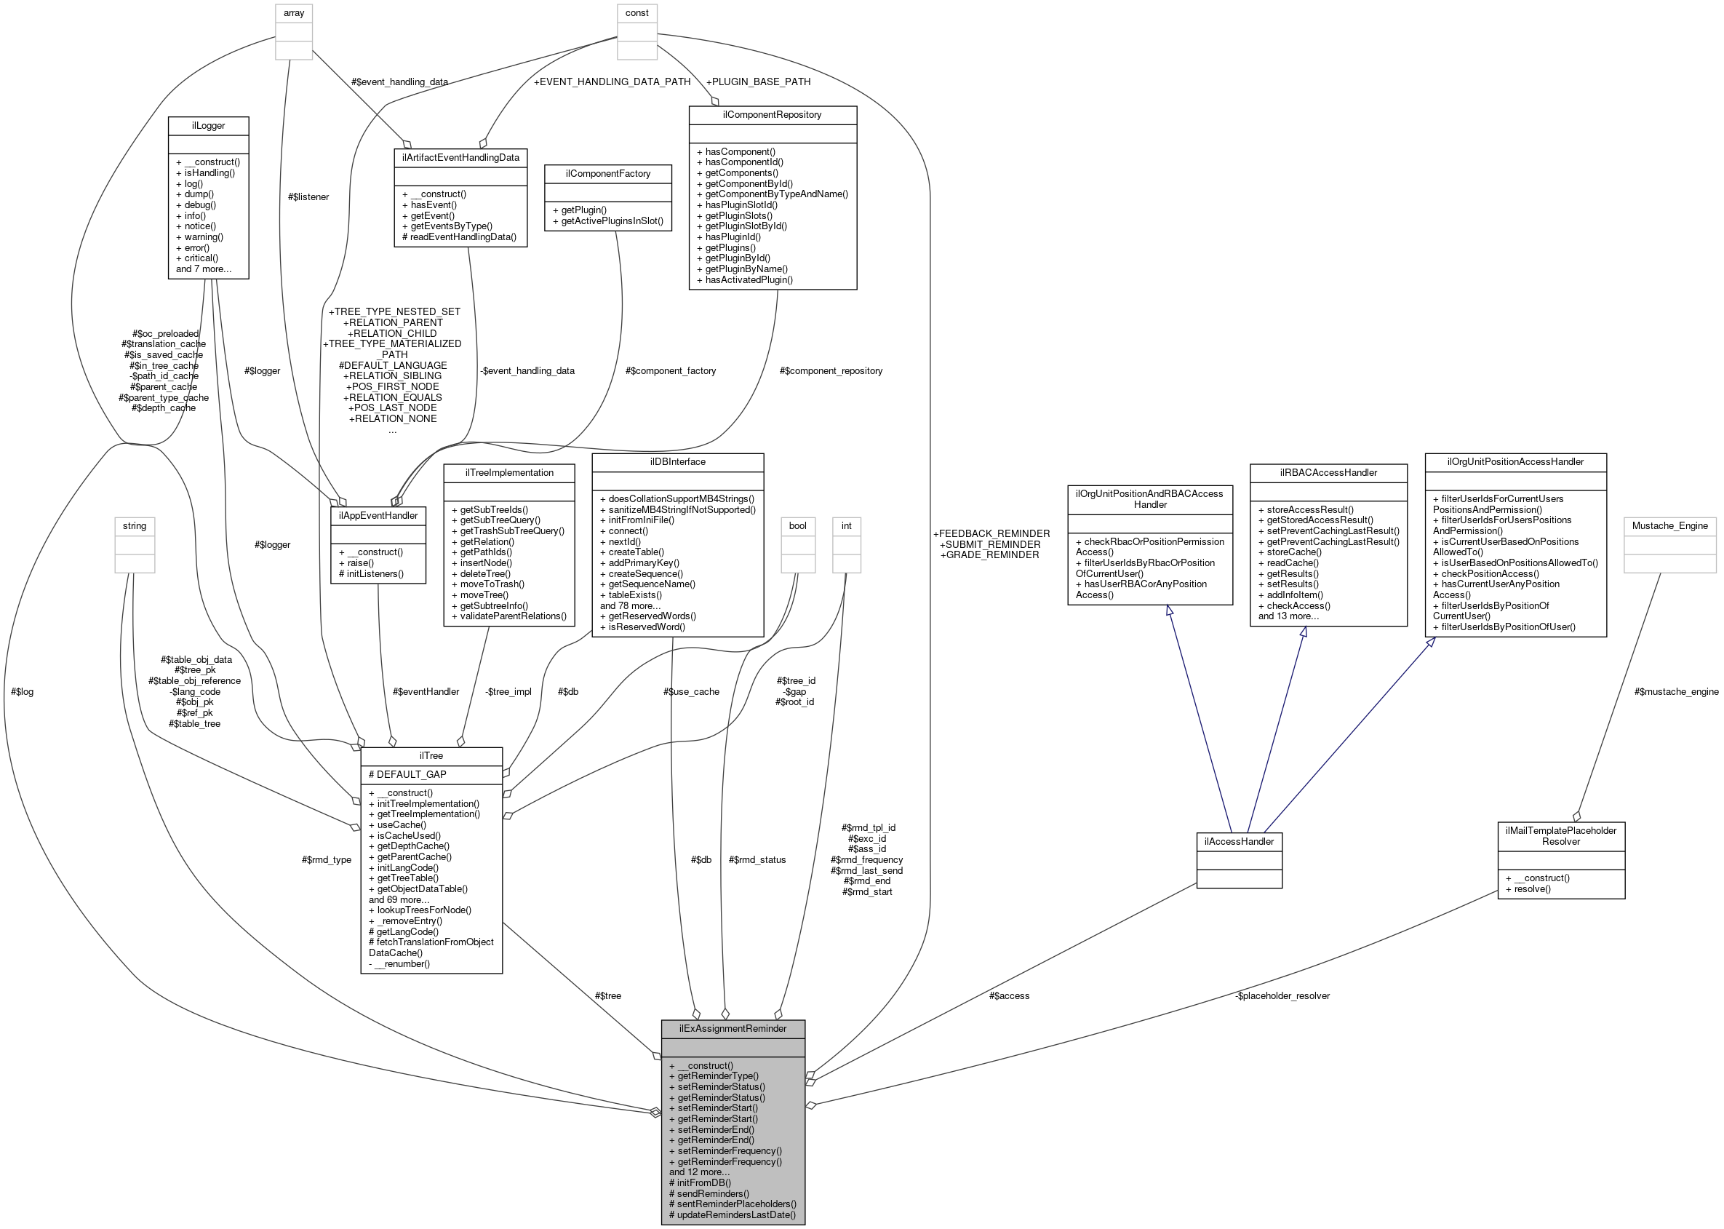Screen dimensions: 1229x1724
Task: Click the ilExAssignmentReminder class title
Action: pyautogui.click(x=733, y=1028)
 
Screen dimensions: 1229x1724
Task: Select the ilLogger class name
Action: pyautogui.click(x=208, y=126)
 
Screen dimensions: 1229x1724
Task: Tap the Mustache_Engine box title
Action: pyautogui.click(x=1669, y=525)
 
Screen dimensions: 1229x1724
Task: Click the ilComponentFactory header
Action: pyautogui.click(x=607, y=173)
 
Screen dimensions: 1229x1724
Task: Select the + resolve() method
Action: pyautogui.click(x=1528, y=888)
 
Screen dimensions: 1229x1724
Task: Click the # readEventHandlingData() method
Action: pyautogui.click(x=459, y=237)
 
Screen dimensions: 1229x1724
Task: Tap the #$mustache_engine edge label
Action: pyautogui.click(x=1675, y=691)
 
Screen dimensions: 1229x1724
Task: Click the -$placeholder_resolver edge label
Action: pyautogui.click(x=1282, y=996)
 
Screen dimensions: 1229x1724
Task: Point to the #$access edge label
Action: pyautogui.click(x=1008, y=996)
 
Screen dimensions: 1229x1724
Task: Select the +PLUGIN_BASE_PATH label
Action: pyautogui.click(x=757, y=81)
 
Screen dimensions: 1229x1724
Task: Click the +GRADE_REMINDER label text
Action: pyautogui.click(x=989, y=554)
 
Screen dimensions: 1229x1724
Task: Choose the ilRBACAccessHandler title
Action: pyautogui.click(x=1328, y=472)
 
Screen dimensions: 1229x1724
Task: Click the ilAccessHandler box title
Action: pyautogui.click(x=1238, y=842)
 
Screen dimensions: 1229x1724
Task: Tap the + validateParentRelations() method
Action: pyautogui.click(x=508, y=616)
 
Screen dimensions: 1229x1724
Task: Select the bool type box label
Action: pyautogui.click(x=797, y=525)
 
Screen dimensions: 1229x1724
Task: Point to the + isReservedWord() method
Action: pyautogui.click(x=642, y=627)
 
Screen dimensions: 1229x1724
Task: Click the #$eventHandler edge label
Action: pyautogui.click(x=425, y=691)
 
